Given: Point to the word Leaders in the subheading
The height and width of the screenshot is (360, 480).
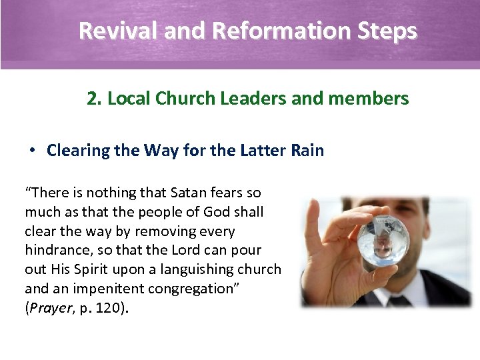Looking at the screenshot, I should [x=254, y=99].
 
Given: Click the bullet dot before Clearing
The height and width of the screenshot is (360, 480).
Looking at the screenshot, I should [x=31, y=150].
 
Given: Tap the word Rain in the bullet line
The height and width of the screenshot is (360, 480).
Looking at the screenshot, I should [x=307, y=150].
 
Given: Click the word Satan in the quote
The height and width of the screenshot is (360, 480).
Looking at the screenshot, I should [x=189, y=193].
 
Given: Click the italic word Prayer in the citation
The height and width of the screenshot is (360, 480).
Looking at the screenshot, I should [x=51, y=309].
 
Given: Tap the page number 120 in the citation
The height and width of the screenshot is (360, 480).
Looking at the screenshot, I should [x=111, y=309].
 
